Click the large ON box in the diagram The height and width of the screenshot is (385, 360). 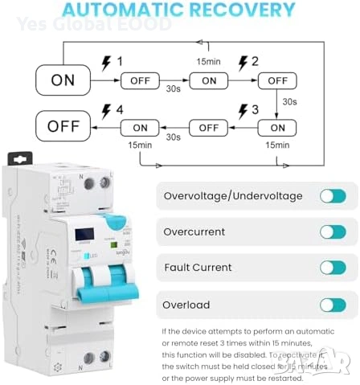click(63, 80)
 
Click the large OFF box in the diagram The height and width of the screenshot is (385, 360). click(63, 127)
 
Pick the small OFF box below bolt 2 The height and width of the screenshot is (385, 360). click(277, 80)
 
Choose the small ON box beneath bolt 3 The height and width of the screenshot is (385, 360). click(277, 127)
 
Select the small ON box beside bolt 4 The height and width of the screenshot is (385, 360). click(141, 127)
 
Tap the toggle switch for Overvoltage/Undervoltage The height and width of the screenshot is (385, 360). click(332, 196)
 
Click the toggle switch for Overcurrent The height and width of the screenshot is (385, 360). click(332, 231)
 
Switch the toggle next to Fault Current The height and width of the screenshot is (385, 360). click(332, 268)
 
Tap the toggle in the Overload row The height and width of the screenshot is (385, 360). click(332, 305)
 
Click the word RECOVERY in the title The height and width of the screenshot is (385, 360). click(244, 11)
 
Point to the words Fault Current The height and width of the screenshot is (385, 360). click(198, 268)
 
